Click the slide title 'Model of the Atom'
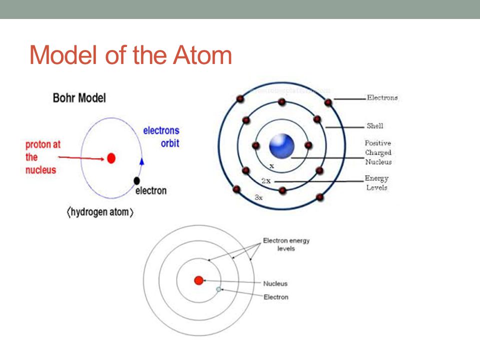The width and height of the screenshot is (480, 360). pos(131,55)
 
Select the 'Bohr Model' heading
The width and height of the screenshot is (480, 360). pos(79,97)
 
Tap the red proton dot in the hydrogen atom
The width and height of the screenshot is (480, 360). pos(111,158)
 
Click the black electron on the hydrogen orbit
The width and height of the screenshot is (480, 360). pos(136,180)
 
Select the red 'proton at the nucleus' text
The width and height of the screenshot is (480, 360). pos(43,157)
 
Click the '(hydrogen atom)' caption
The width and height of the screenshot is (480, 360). pos(100,212)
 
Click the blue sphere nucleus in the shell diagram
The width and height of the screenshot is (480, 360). pos(281,146)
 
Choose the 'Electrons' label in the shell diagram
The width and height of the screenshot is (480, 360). pos(382,98)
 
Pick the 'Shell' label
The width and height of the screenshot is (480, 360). pos(375,126)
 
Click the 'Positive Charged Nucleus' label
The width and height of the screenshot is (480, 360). pos(378,152)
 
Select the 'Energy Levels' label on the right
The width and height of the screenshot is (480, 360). pos(376,183)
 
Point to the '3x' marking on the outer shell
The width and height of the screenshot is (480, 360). pos(258,197)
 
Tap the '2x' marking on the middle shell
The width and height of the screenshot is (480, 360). pos(266,181)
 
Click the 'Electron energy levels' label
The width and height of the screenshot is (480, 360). pos(286,244)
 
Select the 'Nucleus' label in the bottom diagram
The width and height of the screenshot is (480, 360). pos(275,283)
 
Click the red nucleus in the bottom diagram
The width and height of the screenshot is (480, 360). pos(198,280)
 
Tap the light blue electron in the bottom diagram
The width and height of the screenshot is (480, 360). pos(218,289)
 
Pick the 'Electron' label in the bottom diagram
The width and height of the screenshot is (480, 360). pos(276,297)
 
